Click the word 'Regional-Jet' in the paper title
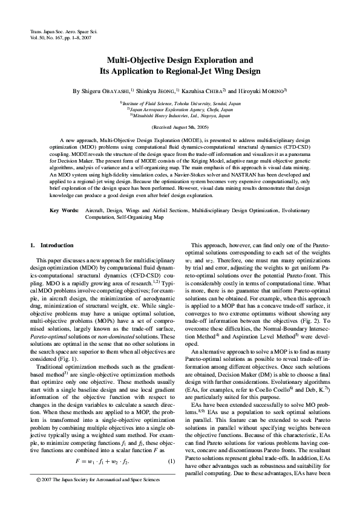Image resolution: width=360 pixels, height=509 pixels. point(213,71)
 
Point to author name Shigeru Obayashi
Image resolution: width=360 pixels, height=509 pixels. point(106,91)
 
